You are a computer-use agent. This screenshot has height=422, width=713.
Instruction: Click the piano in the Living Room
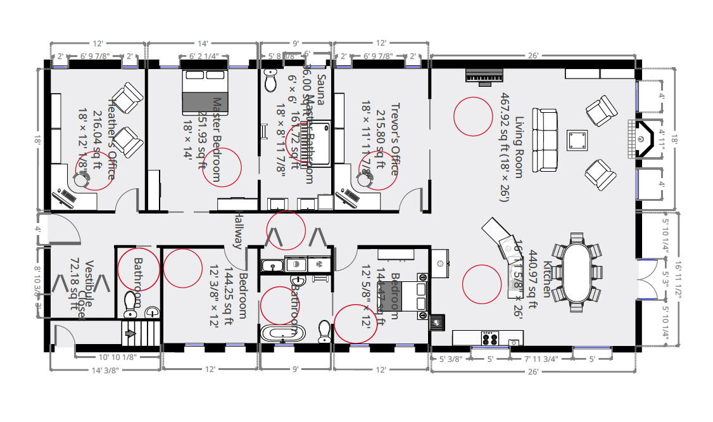(x=484, y=76)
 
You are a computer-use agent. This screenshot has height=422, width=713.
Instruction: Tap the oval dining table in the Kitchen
(x=576, y=274)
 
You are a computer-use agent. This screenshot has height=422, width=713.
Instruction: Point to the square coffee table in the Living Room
(x=577, y=140)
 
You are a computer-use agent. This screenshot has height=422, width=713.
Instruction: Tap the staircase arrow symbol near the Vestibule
(x=131, y=333)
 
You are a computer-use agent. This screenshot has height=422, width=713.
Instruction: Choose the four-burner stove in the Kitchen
(x=490, y=339)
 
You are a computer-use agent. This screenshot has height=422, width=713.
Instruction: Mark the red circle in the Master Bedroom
(x=223, y=167)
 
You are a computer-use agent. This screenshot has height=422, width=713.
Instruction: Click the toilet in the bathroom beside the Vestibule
(x=131, y=304)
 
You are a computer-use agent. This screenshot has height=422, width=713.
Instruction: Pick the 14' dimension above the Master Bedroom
(x=203, y=44)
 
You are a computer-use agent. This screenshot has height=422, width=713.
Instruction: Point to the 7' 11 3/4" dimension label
(x=541, y=359)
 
